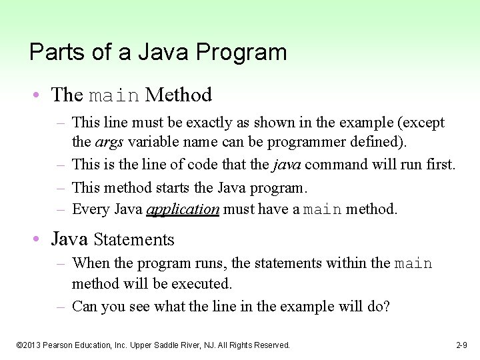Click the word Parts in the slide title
[x=49, y=52]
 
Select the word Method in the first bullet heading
[x=178, y=95]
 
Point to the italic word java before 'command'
[x=288, y=164]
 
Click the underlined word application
[x=183, y=209]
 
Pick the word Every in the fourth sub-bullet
[x=88, y=209]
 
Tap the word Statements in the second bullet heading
[x=134, y=239]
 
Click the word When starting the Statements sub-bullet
[x=89, y=263]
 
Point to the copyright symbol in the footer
[x=19, y=345]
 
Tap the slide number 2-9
[x=461, y=345]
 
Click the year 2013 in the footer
[x=33, y=345]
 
